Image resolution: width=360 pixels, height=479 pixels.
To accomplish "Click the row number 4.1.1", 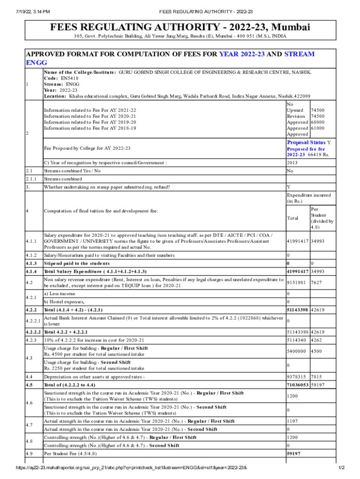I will (31, 241).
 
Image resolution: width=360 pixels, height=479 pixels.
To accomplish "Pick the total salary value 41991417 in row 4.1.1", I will (297, 241).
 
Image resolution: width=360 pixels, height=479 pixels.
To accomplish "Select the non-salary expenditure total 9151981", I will (297, 282).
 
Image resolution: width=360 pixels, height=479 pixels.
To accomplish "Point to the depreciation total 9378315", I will (297, 377).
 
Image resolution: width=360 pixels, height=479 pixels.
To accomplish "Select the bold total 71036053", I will (297, 385).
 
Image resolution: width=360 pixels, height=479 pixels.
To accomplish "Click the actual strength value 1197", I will (293, 421).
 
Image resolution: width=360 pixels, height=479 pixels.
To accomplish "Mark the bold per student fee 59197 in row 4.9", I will (294, 454).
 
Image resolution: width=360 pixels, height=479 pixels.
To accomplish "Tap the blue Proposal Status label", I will (306, 142).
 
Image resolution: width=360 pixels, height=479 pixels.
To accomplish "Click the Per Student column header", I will (322, 218).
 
